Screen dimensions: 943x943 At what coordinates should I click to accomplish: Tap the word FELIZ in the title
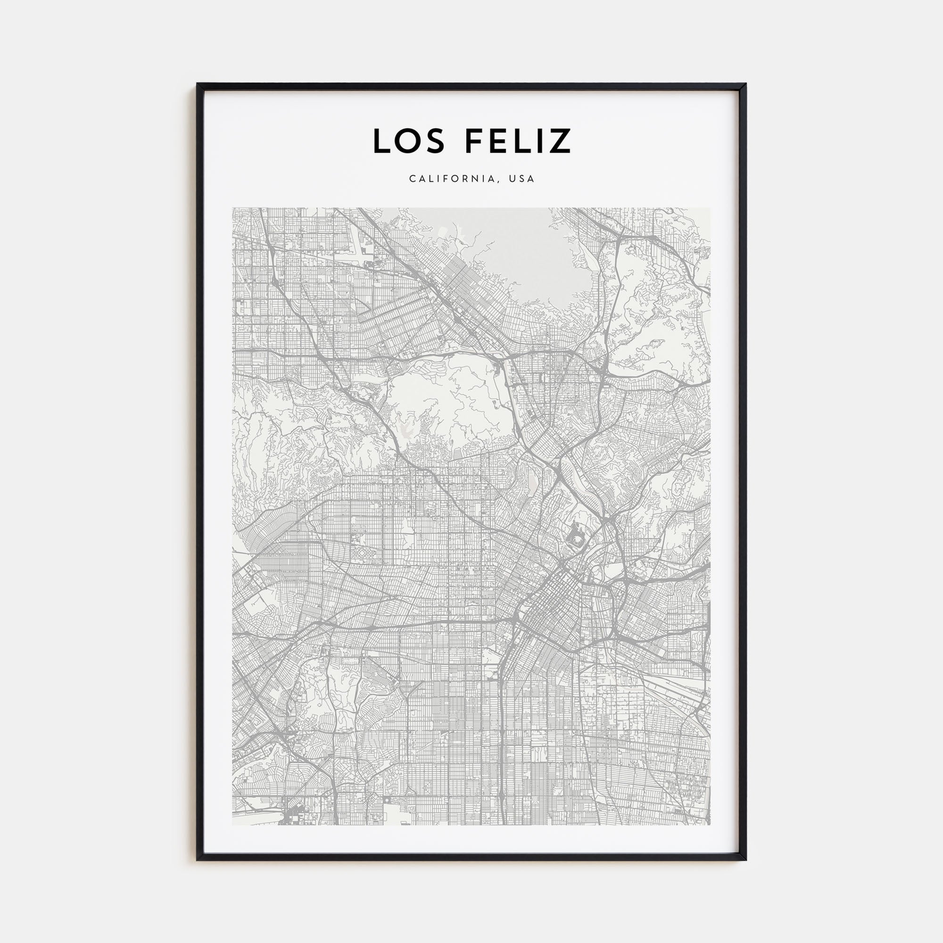[x=518, y=141]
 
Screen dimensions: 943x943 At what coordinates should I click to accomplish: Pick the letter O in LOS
[x=409, y=141]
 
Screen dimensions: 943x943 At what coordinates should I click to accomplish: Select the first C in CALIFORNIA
[x=412, y=179]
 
